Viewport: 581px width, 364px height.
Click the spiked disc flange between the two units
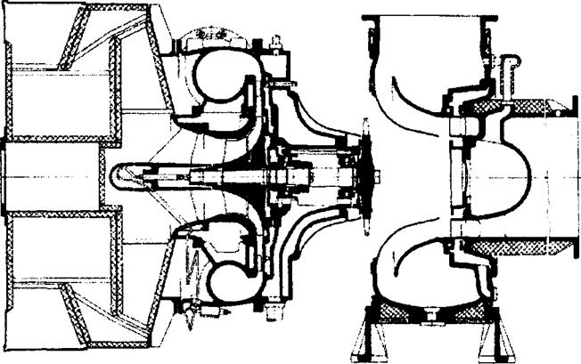coord(364,178)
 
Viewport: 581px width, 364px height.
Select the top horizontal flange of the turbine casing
coord(428,15)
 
